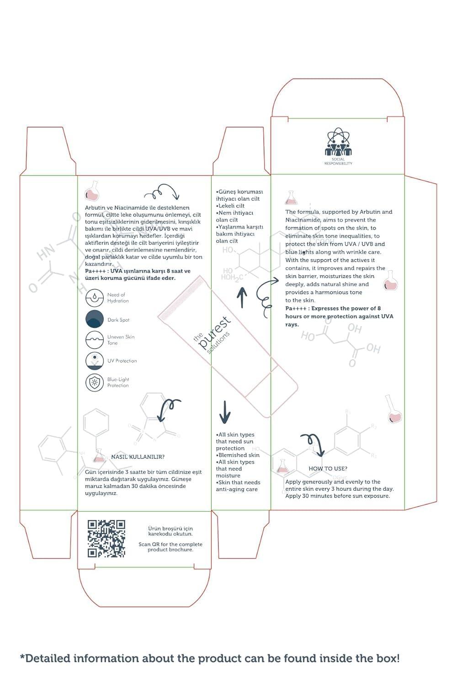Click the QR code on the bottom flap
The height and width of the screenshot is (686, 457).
(x=106, y=539)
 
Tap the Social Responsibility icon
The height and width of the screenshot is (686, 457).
(x=338, y=143)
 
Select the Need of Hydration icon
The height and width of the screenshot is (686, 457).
(x=95, y=298)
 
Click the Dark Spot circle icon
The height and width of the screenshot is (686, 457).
(x=95, y=319)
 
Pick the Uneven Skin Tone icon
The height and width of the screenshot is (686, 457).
(x=95, y=340)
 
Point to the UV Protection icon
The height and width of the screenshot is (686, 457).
(x=95, y=360)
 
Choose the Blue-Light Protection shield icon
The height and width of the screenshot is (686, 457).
(x=95, y=382)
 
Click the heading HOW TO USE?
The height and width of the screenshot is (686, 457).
(x=328, y=468)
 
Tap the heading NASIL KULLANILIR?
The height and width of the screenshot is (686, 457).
(x=138, y=456)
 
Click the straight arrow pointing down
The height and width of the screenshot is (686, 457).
(x=224, y=412)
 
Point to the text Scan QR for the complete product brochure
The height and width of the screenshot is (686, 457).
(x=170, y=547)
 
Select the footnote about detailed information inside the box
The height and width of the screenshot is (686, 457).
(x=210, y=658)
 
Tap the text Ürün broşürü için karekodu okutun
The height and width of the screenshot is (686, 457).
(x=170, y=531)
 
